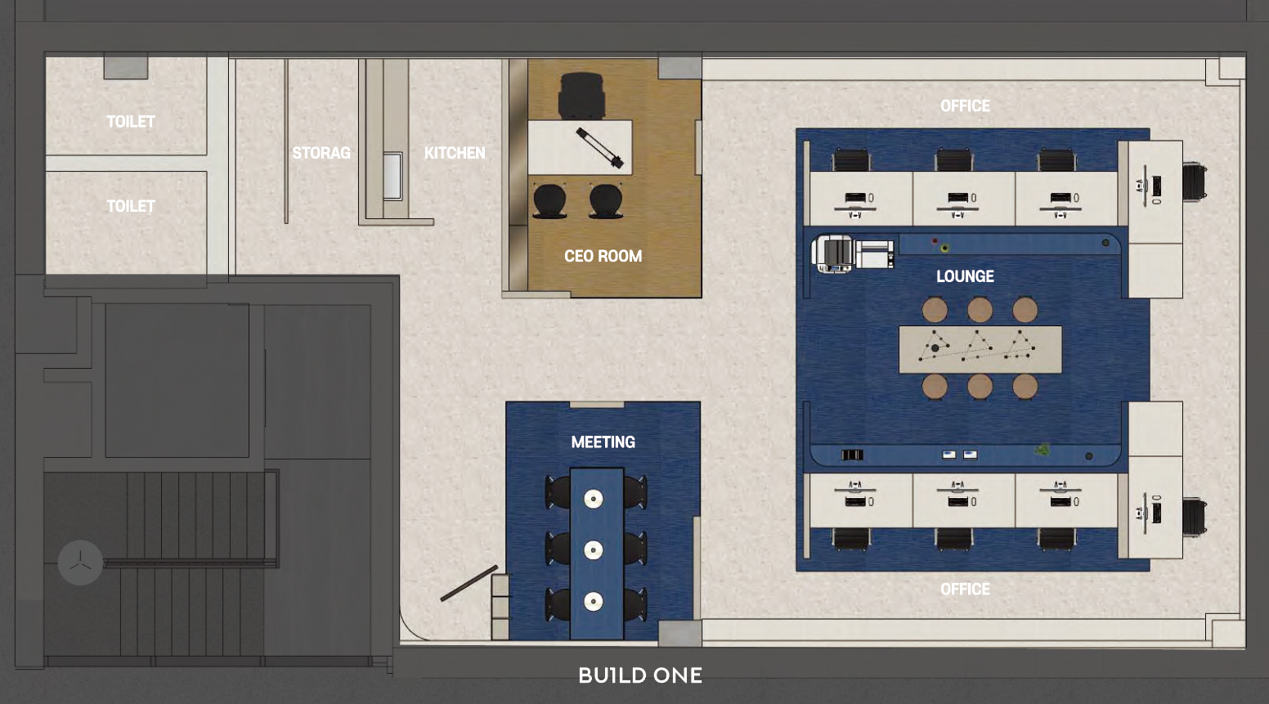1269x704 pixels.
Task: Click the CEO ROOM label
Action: pos(603,256)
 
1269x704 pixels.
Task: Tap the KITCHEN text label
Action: pos(455,153)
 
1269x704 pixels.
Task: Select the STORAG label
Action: pos(321,153)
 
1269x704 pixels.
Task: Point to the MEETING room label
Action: pos(603,442)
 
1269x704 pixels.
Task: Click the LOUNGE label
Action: pos(965,276)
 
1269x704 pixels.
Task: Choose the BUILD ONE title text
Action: pos(640,675)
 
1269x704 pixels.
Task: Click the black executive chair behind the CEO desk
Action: pos(581,96)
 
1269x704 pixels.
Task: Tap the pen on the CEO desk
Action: pos(600,148)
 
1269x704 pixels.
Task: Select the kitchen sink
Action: pos(392,176)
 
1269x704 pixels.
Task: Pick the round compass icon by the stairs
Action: pos(80,563)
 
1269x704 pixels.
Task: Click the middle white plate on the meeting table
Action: pos(593,550)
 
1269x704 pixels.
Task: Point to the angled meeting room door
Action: pos(469,583)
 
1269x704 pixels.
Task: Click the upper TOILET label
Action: pos(131,122)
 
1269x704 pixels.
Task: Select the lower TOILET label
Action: pos(131,206)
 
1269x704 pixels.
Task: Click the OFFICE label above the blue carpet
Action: pos(965,106)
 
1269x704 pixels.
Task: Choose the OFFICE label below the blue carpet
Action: pos(965,589)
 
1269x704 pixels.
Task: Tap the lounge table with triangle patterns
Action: pos(980,349)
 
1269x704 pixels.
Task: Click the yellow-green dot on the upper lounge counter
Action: pos(944,248)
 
